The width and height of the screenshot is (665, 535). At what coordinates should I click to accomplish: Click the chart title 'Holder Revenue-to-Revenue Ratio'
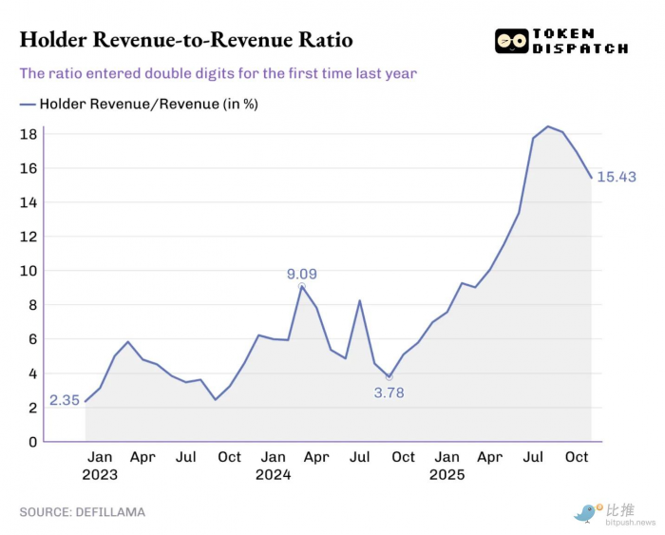click(186, 40)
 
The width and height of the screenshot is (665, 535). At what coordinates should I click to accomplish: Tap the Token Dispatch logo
click(561, 42)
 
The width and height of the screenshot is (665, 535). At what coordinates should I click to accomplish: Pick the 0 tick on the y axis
click(32, 442)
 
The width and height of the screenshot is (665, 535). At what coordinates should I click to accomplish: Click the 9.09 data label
click(302, 275)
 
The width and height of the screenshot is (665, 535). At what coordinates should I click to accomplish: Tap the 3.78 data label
click(389, 392)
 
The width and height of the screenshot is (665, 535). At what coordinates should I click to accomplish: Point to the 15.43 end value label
click(616, 178)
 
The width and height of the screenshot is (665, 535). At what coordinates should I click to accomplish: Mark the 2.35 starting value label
click(65, 401)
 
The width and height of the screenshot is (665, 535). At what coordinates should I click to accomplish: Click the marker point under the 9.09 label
click(302, 286)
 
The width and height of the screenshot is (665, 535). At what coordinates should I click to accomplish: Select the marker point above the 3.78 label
click(389, 377)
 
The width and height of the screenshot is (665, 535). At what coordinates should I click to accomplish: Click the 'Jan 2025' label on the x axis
click(446, 466)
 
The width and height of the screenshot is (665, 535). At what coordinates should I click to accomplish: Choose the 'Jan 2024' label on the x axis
click(273, 466)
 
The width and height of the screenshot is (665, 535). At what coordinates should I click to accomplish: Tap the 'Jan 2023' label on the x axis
click(100, 466)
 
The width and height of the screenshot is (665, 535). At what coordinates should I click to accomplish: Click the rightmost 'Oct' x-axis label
click(577, 457)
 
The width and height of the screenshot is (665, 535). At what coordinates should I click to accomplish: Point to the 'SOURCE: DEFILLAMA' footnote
click(83, 512)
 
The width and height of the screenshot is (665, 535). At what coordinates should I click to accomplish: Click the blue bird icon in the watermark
click(584, 513)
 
